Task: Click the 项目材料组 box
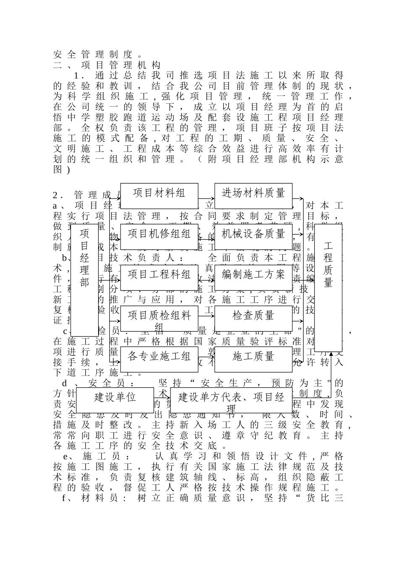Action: point(159,193)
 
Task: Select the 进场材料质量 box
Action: point(253,193)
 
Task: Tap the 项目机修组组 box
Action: point(159,234)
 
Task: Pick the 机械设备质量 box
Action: point(253,234)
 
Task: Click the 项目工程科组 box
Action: point(159,275)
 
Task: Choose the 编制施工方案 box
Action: point(253,275)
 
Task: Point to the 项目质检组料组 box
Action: point(159,319)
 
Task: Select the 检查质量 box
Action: point(253,316)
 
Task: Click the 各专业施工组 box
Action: point(159,357)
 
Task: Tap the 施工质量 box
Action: point(253,357)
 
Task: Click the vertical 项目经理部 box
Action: point(84,279)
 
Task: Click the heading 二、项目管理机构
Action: point(107,65)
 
